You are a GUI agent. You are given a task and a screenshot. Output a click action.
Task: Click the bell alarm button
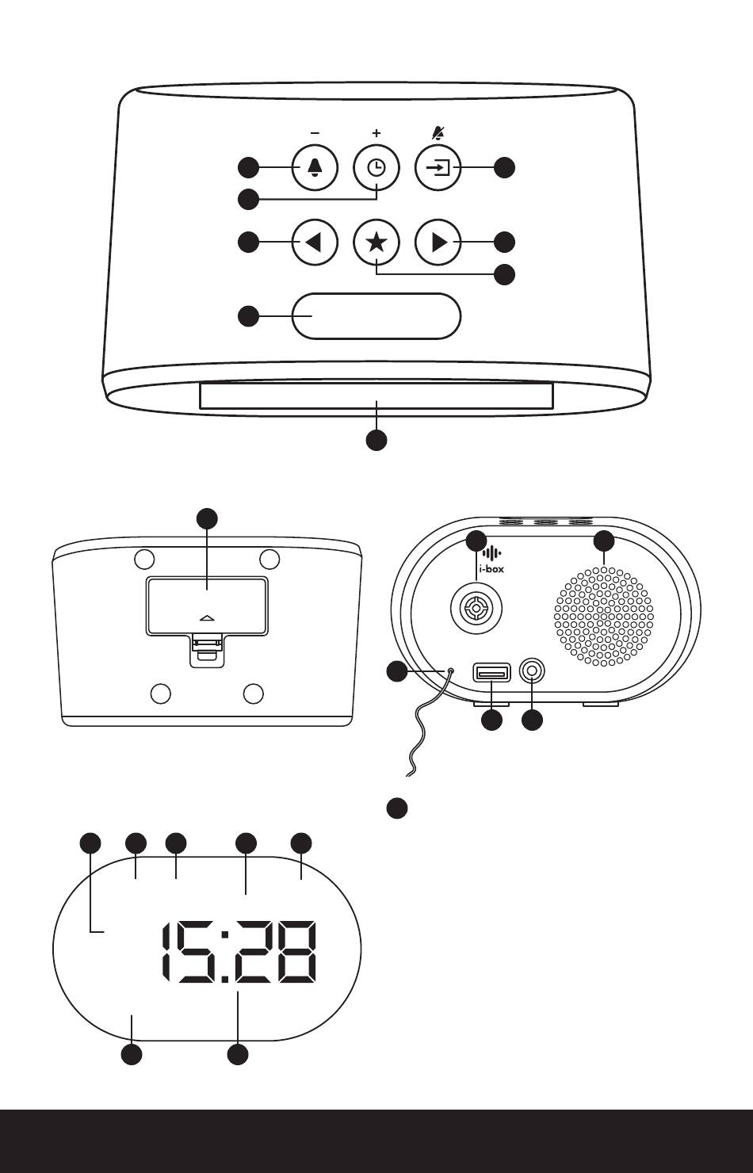pos(315,168)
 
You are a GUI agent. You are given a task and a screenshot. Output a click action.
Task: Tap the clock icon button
pos(376,168)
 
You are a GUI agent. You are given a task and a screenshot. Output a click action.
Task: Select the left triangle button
pos(315,243)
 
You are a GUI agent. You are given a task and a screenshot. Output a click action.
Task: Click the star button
pos(376,243)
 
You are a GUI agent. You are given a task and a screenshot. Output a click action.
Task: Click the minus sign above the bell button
pos(315,133)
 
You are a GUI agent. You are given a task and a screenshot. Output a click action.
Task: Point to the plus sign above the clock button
pos(376,133)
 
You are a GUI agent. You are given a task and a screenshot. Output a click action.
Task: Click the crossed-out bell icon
pos(438,132)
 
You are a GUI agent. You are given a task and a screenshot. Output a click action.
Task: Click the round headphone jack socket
pos(532,672)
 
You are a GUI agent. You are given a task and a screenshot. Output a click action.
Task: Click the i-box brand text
pos(491,568)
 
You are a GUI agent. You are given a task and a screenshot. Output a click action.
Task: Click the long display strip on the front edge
pos(376,396)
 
